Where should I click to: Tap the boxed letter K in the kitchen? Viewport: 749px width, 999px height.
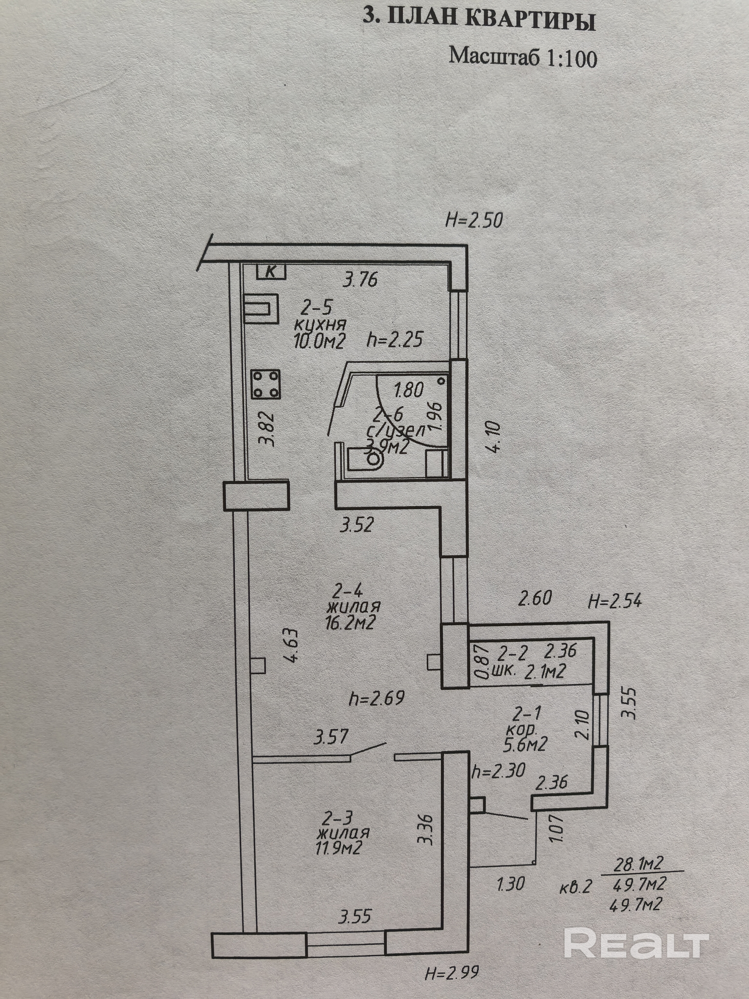point(271,271)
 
